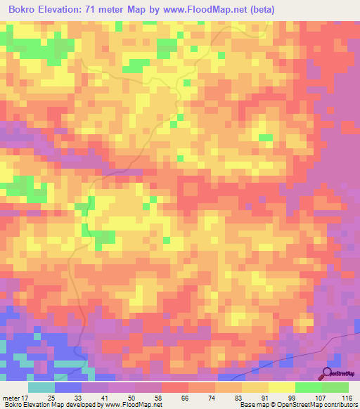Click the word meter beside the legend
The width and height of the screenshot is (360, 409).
(x=12, y=398)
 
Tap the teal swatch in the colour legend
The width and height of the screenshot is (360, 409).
(x=41, y=387)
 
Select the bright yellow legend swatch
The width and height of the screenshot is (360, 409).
(x=282, y=387)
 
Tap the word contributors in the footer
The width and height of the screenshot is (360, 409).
(x=340, y=405)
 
